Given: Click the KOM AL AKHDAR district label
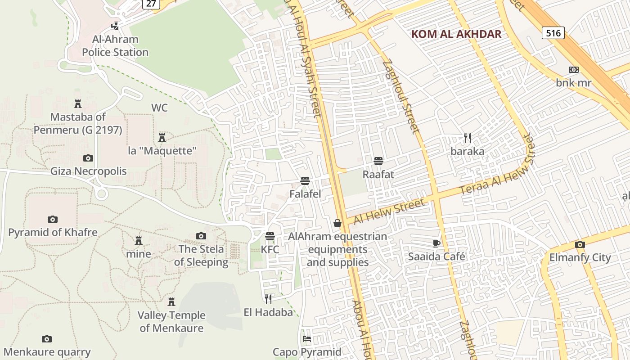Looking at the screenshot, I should (x=456, y=34).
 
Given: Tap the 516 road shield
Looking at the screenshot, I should (x=553, y=33).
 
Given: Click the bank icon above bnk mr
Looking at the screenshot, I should (x=573, y=70).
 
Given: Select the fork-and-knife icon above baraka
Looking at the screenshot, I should (x=468, y=138).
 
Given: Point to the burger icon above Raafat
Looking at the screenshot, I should (x=378, y=161).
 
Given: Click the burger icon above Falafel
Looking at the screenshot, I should (x=305, y=181).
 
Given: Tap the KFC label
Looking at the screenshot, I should (x=270, y=249).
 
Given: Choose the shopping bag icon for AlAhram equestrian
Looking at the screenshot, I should (x=337, y=223).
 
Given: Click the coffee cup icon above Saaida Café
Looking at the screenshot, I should (x=436, y=243).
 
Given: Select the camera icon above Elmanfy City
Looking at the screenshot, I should (x=580, y=245).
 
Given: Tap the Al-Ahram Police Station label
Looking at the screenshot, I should (x=115, y=46).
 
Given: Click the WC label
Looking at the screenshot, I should (x=159, y=108).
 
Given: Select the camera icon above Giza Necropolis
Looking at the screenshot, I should (x=88, y=158).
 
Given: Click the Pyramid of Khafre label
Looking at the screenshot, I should (x=53, y=233).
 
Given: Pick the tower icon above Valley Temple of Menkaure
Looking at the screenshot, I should (x=171, y=301).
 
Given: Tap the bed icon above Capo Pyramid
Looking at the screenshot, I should (x=307, y=338).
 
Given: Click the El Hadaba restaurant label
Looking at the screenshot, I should (x=268, y=312).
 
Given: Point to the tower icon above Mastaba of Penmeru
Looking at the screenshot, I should (x=78, y=104).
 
